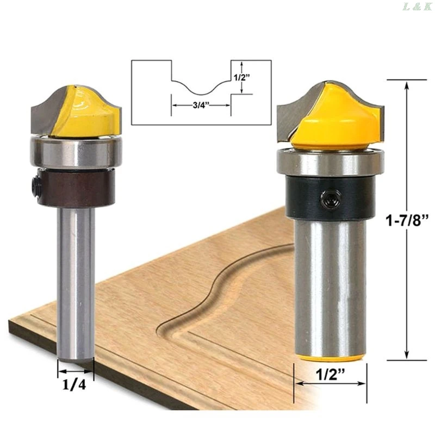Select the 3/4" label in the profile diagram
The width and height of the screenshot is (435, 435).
point(201,105)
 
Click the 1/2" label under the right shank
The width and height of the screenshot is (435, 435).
point(330,375)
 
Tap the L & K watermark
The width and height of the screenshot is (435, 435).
point(417,7)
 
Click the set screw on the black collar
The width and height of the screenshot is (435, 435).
point(331,198)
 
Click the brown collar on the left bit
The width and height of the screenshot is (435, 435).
point(76,188)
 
